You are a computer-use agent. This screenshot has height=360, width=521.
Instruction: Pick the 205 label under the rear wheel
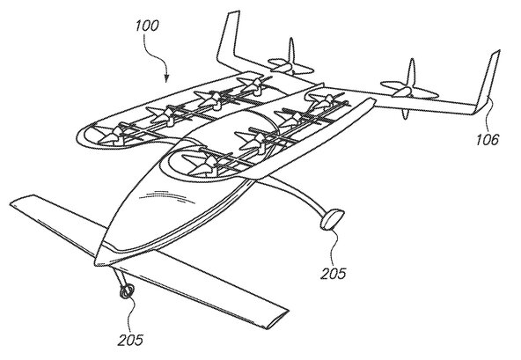pos(333,274)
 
